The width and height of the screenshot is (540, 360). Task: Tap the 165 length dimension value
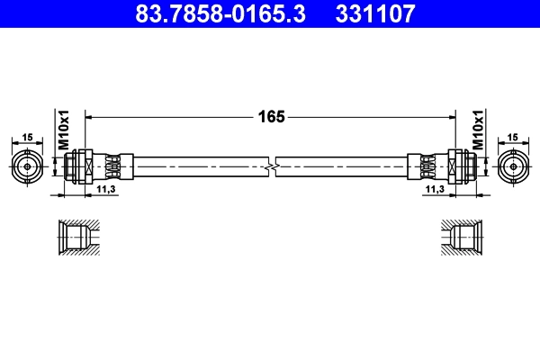[271, 116]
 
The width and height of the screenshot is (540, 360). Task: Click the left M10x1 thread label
[64, 131]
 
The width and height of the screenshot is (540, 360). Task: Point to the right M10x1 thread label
[479, 131]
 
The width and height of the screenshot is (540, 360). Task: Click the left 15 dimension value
[27, 137]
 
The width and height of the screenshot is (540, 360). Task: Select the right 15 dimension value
[513, 137]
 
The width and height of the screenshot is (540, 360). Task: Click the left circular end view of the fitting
[27, 166]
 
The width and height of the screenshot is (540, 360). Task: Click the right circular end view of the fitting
[513, 166]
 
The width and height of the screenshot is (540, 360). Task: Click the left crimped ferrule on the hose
[113, 166]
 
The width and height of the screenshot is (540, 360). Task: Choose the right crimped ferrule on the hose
[427, 166]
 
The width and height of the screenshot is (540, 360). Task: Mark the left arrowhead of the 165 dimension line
[89, 116]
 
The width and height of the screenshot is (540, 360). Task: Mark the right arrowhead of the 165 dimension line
[451, 116]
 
